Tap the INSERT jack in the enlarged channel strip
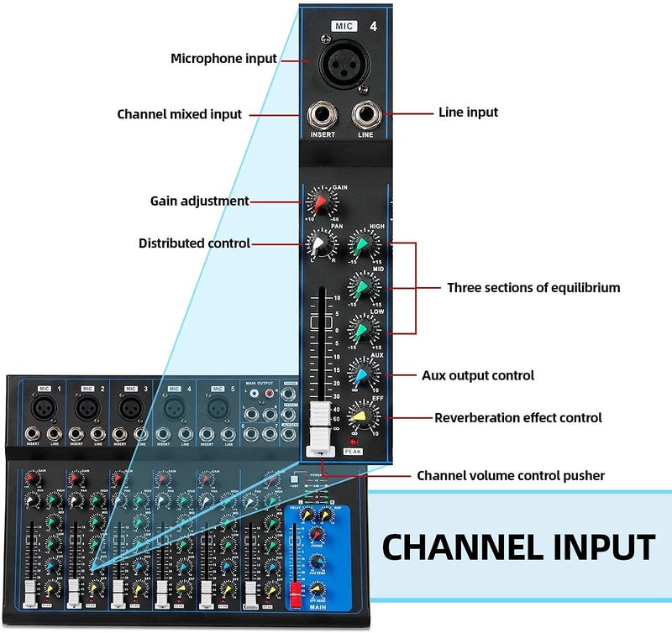coord(323,115)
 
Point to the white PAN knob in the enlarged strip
coord(320,245)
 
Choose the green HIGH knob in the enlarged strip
coord(361,245)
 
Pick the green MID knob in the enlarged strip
coord(361,289)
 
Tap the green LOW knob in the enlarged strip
coord(361,332)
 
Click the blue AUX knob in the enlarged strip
coord(361,375)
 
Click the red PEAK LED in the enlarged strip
coord(354,441)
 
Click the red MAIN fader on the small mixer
coord(296,598)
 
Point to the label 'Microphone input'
coord(223,59)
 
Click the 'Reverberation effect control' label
coord(517,417)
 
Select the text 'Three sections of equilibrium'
coord(533,288)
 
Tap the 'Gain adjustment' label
coord(199,201)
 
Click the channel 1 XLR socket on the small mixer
coord(42,409)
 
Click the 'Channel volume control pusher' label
coord(511,476)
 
